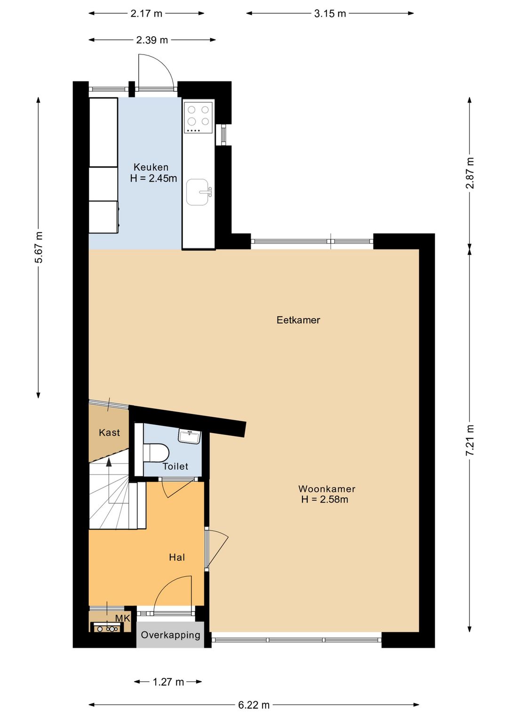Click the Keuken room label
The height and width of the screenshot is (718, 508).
click(x=151, y=167)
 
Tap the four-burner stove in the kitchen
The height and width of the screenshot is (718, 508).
click(x=198, y=116)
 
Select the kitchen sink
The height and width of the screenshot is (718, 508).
click(x=198, y=192)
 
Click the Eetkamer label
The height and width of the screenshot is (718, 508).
click(x=298, y=320)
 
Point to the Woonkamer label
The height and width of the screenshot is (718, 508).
click(x=326, y=489)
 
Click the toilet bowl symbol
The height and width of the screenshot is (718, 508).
click(x=157, y=453)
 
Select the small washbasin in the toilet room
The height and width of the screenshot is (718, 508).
click(x=190, y=436)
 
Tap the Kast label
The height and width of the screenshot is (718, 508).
click(x=109, y=432)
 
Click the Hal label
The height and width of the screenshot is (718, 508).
click(x=177, y=557)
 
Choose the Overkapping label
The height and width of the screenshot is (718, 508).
click(x=170, y=635)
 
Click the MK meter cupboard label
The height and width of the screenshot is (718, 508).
click(x=122, y=618)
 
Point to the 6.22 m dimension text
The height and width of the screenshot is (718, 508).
click(x=254, y=705)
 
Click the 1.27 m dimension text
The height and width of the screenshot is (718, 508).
click(x=168, y=682)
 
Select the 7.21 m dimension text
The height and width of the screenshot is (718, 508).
click(x=470, y=440)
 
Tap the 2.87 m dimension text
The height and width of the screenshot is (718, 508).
click(x=470, y=173)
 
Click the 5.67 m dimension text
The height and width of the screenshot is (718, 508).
click(x=39, y=247)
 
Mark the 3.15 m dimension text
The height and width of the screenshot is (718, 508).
click(x=330, y=14)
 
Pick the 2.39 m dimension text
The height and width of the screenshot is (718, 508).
click(x=152, y=40)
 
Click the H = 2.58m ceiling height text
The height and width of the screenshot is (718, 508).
click(x=325, y=500)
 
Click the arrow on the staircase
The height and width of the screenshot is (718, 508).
click(x=109, y=463)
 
